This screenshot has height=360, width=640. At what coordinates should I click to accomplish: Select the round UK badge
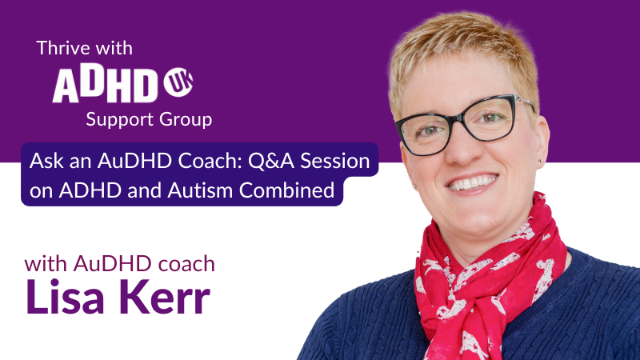178,82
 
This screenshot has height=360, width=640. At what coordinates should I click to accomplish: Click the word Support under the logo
119,120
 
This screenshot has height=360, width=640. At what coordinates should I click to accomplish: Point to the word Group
186,119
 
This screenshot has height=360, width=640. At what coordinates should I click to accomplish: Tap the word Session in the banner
335,161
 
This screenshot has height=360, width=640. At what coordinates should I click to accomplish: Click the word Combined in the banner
287,190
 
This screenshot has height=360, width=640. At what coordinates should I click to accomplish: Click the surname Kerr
165,296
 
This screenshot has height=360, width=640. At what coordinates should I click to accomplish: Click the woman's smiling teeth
473,182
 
